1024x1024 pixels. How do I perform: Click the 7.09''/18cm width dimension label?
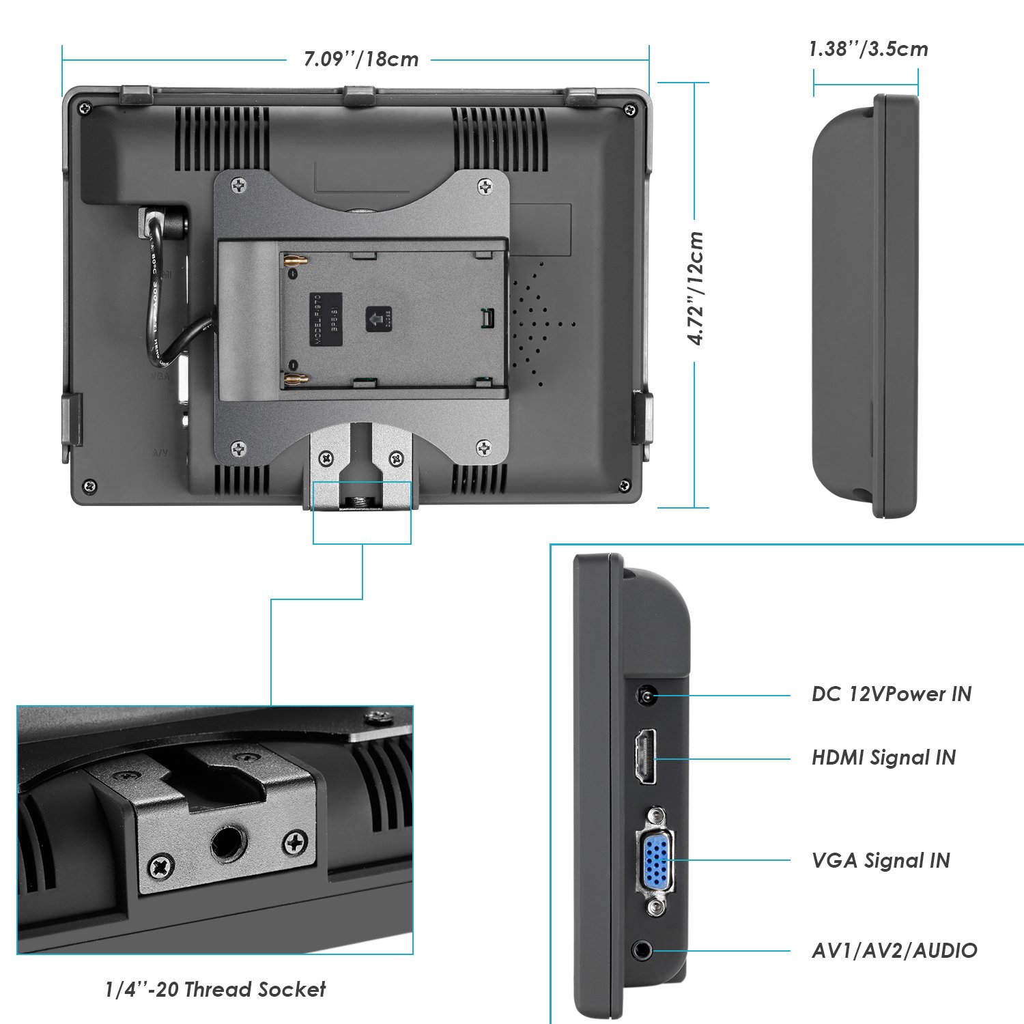tap(360, 59)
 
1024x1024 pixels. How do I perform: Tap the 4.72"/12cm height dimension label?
tap(696, 288)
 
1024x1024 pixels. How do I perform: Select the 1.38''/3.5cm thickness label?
tap(868, 49)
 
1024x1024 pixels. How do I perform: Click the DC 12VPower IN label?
tap(891, 694)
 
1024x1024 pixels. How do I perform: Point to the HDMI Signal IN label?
tap(883, 758)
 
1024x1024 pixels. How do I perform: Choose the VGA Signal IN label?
tap(881, 861)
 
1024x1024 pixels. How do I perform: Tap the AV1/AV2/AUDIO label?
tap(894, 950)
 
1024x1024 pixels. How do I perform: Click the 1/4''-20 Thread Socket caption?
tap(215, 989)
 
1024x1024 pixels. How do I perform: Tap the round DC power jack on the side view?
tap(645, 696)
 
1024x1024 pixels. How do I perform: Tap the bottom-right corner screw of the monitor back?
tap(623, 485)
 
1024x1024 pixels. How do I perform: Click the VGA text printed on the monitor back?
tap(160, 375)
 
